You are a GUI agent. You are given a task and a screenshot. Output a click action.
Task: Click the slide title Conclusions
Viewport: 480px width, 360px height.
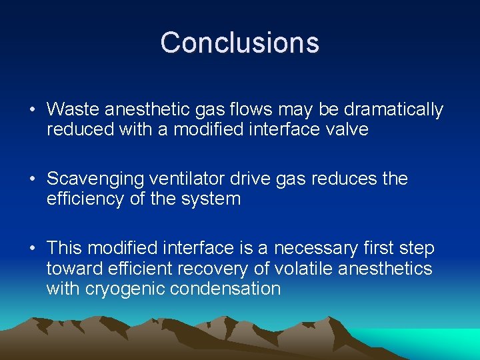tap(240, 43)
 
